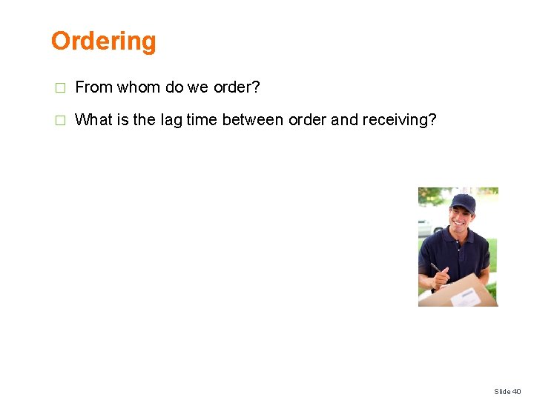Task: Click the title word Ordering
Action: [103, 41]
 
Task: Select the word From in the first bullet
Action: [93, 87]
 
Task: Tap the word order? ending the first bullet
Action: [237, 87]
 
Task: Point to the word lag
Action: [171, 119]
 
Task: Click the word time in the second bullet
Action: [201, 119]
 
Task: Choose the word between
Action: [253, 119]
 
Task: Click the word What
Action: [94, 119]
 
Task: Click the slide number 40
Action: [517, 391]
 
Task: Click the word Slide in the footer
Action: [502, 391]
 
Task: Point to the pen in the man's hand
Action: [435, 268]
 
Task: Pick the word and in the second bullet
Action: [344, 119]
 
